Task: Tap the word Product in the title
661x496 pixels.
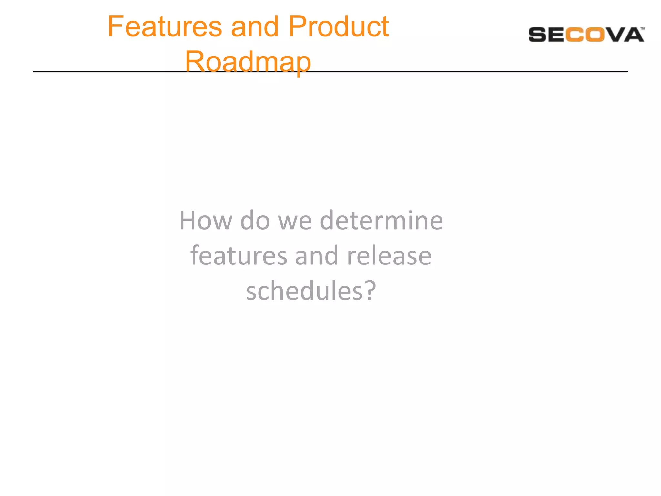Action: (x=338, y=26)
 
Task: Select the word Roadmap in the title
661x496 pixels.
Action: (x=248, y=61)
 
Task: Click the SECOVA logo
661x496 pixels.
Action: (x=586, y=35)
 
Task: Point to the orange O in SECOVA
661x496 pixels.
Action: (x=595, y=35)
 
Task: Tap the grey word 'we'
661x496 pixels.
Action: (x=295, y=221)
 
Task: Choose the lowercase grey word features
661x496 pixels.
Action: (x=239, y=255)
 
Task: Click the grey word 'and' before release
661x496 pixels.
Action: (x=317, y=255)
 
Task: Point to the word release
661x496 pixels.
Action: (x=389, y=255)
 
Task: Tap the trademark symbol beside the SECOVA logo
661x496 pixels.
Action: (x=643, y=29)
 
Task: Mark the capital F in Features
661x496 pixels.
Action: (x=114, y=26)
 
